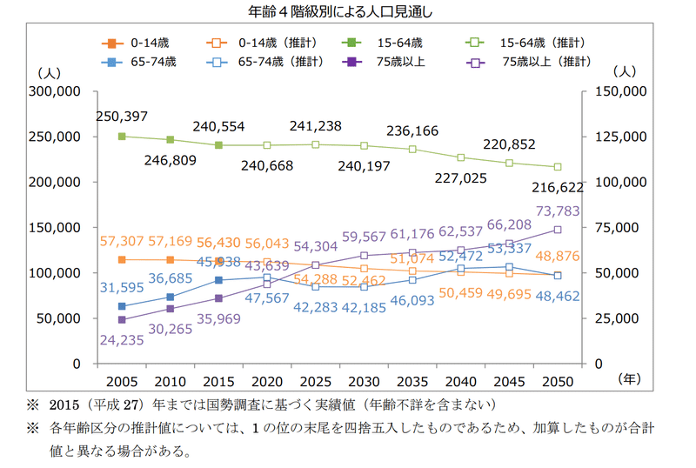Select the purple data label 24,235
pyautogui.click(x=123, y=341)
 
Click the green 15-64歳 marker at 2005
pyautogui.click(x=122, y=137)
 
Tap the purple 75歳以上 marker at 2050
pyautogui.click(x=558, y=230)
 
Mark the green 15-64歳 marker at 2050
pyautogui.click(x=558, y=167)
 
